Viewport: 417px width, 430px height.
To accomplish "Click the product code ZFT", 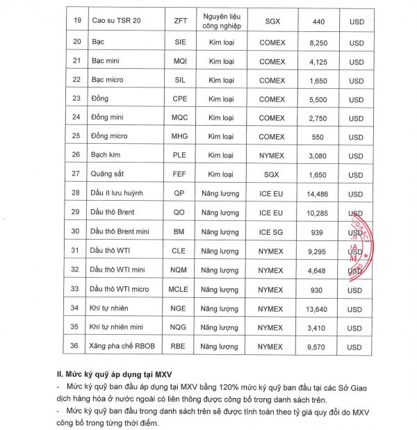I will (x=180, y=22).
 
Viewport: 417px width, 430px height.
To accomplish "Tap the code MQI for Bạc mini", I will (x=180, y=62).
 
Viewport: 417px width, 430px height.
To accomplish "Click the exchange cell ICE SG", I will (x=271, y=231).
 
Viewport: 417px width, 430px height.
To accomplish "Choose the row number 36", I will (x=76, y=345).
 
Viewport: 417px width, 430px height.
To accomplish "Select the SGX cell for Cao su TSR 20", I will (x=271, y=22).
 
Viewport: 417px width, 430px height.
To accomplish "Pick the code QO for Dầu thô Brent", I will (x=180, y=213).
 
